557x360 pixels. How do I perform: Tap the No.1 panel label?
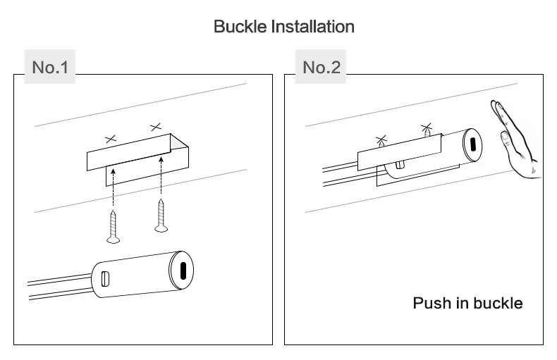(x=50, y=68)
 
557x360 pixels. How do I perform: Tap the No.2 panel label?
(x=321, y=68)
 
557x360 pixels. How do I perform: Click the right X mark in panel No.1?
(x=155, y=127)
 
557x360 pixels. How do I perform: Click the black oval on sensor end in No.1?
(x=183, y=271)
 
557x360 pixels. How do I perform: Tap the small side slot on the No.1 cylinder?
(x=106, y=278)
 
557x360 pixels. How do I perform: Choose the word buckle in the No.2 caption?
(x=498, y=304)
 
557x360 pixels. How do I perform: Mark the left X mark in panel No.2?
(x=381, y=139)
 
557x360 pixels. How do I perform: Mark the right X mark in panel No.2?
(x=426, y=128)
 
